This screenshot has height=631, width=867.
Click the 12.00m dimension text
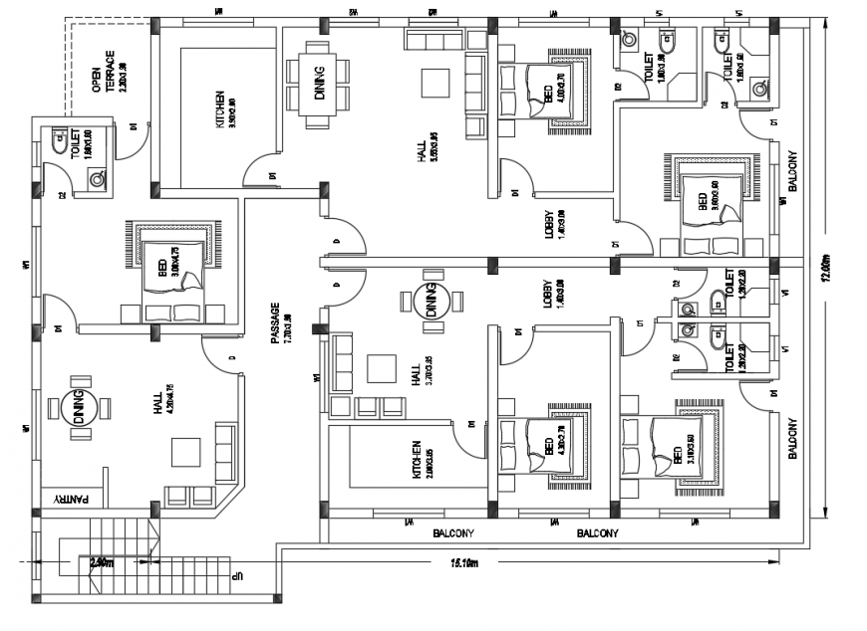824,269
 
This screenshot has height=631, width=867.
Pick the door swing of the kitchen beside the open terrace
259,164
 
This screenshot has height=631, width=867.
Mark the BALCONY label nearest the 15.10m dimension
598,533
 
